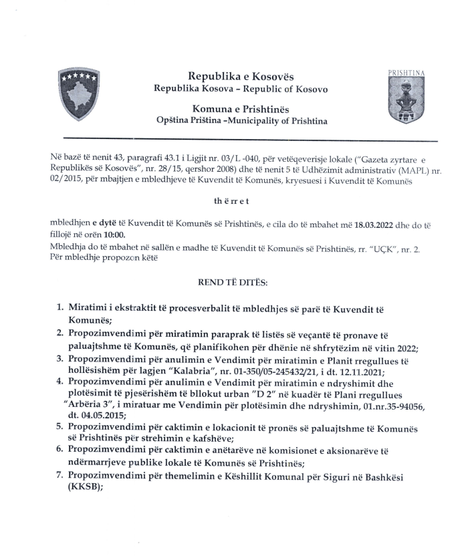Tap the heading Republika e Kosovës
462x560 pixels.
241,77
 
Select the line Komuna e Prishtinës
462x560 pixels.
241,107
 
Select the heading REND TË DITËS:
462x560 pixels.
232,283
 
